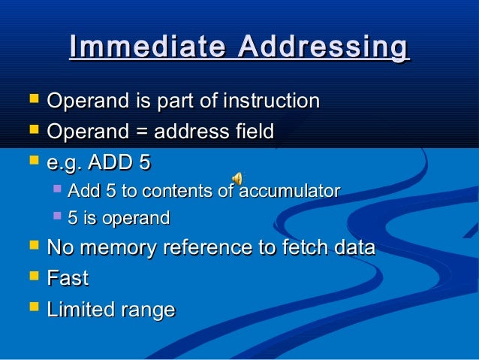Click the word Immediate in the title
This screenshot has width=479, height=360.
pyautogui.click(x=148, y=47)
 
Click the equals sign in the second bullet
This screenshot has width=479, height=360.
pyautogui.click(x=140, y=132)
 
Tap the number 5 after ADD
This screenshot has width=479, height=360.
pyautogui.click(x=145, y=162)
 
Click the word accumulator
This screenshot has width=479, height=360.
pyautogui.click(x=289, y=191)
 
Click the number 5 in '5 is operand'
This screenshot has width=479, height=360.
pyautogui.click(x=72, y=219)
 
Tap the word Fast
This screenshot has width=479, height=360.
pyautogui.click(x=68, y=279)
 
